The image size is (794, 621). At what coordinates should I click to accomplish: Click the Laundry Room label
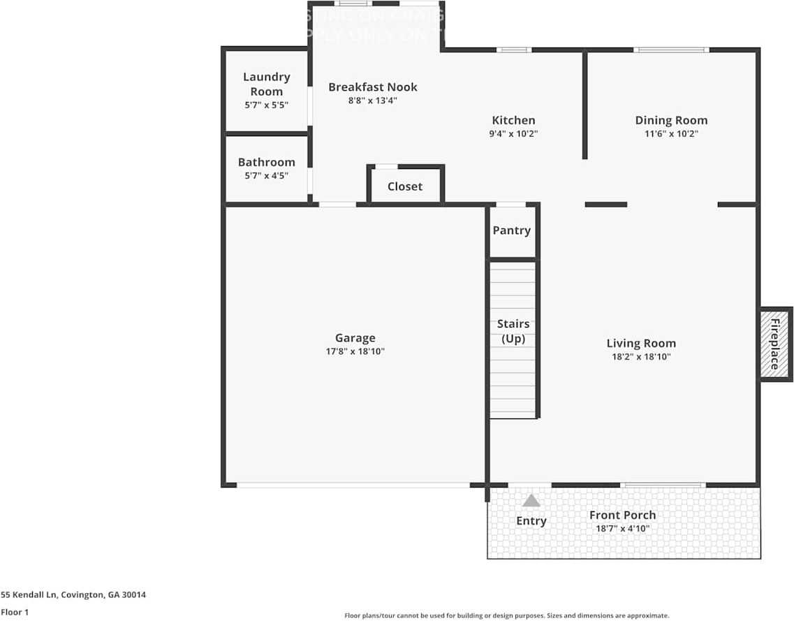pyautogui.click(x=266, y=84)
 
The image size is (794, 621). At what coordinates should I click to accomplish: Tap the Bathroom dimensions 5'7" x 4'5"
pyautogui.click(x=266, y=176)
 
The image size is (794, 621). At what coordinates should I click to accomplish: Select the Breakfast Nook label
pyautogui.click(x=373, y=87)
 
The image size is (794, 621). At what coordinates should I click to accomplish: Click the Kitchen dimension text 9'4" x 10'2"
pyautogui.click(x=514, y=133)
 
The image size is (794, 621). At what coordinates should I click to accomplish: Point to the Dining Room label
pyautogui.click(x=671, y=120)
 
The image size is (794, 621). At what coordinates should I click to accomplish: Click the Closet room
pyautogui.click(x=405, y=187)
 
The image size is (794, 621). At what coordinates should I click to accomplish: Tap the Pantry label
pyautogui.click(x=512, y=231)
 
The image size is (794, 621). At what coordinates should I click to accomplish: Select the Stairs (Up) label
pyautogui.click(x=513, y=331)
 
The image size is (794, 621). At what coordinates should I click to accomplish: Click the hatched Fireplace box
pyautogui.click(x=775, y=344)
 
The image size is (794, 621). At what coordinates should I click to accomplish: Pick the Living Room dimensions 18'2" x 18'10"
pyautogui.click(x=641, y=357)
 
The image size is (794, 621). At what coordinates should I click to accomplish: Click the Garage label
pyautogui.click(x=355, y=338)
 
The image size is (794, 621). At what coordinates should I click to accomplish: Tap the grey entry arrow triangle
pyautogui.click(x=531, y=501)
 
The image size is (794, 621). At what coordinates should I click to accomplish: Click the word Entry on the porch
pyautogui.click(x=531, y=520)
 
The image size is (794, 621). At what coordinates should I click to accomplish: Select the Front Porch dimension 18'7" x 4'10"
pyautogui.click(x=622, y=529)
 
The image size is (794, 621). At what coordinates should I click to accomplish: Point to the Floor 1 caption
pyautogui.click(x=15, y=612)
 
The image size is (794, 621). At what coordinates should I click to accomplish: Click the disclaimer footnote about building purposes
pyautogui.click(x=506, y=615)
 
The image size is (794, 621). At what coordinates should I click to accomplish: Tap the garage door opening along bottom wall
pyautogui.click(x=353, y=485)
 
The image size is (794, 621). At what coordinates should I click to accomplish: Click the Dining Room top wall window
pyautogui.click(x=671, y=50)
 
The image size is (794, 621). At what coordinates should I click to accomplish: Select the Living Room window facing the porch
pyautogui.click(x=663, y=485)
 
